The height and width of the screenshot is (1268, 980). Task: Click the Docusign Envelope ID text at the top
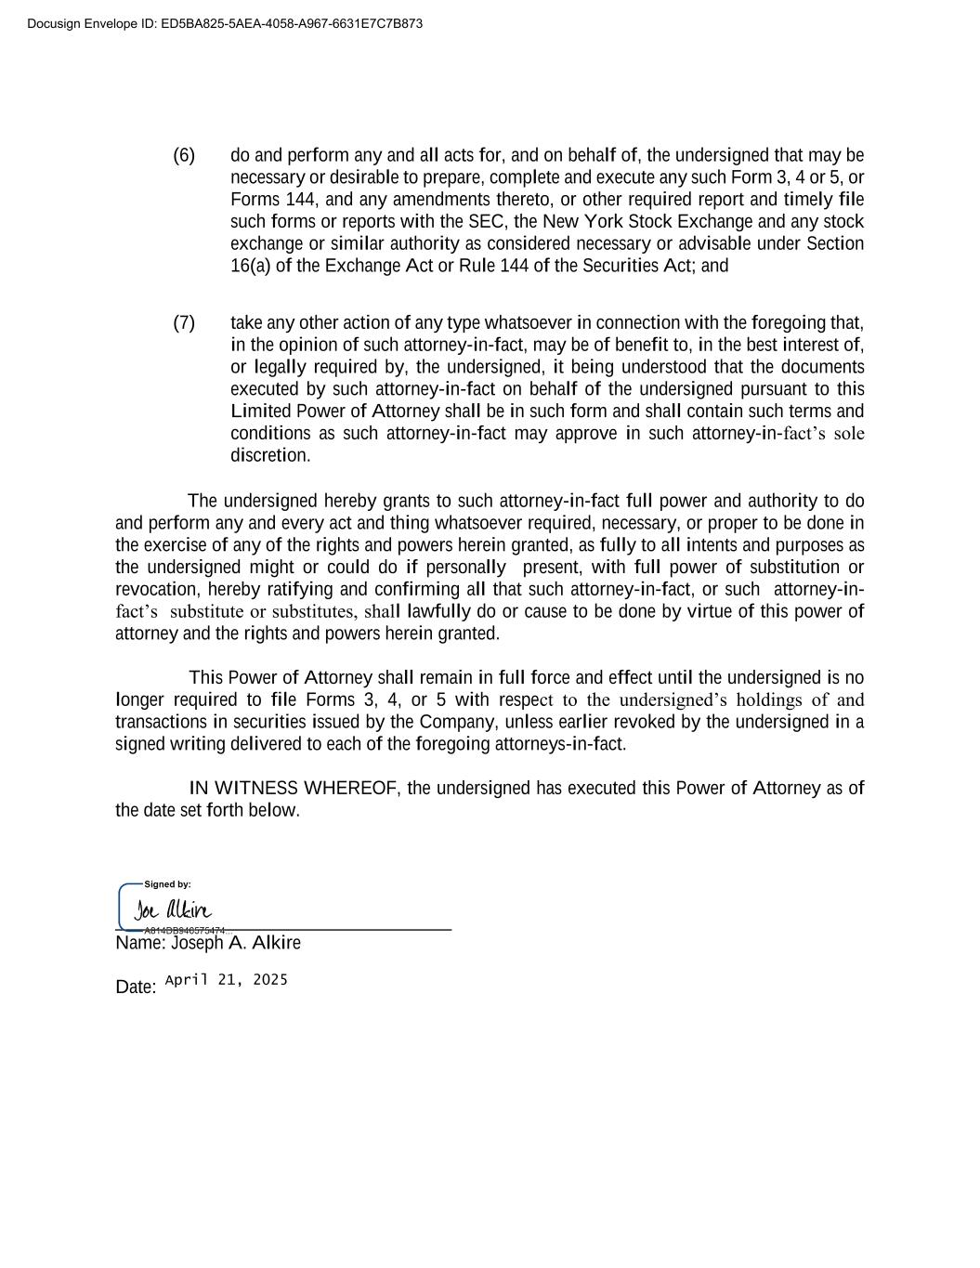click(x=225, y=23)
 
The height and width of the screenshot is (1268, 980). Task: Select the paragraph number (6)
click(x=184, y=155)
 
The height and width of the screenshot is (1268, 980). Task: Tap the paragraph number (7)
click(x=184, y=323)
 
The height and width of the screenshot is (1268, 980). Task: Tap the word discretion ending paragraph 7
click(x=268, y=456)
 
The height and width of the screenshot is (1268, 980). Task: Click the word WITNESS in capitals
click(x=256, y=789)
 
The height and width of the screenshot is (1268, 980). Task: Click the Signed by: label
click(x=167, y=884)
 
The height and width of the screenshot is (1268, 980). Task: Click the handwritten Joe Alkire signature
click(x=174, y=910)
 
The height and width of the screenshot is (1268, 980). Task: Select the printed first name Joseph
click(x=197, y=944)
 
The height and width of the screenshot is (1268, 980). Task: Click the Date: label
click(x=136, y=987)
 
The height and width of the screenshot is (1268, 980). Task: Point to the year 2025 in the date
click(x=268, y=980)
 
